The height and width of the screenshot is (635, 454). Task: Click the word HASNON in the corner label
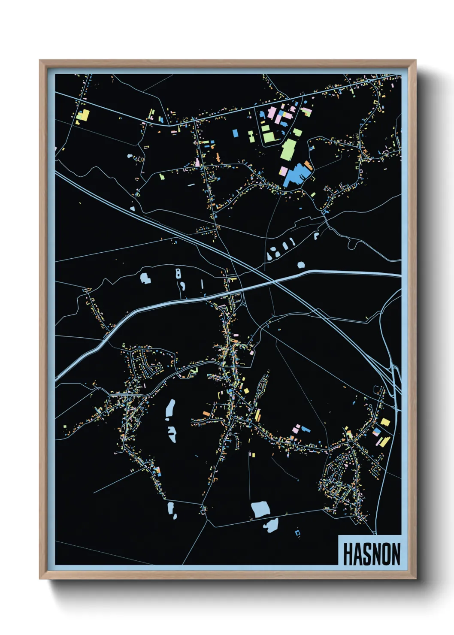(372, 554)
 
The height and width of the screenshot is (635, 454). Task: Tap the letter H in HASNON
(348, 554)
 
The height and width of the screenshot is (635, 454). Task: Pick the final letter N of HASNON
(396, 554)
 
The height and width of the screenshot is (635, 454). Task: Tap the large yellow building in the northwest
(84, 115)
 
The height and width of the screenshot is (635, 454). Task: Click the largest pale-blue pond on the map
(260, 509)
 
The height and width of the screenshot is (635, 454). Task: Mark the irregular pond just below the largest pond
(271, 525)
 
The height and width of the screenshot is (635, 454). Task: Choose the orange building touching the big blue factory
(308, 164)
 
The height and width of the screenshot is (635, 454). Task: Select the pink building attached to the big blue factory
(283, 171)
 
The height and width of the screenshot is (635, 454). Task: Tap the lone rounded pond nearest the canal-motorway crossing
(301, 265)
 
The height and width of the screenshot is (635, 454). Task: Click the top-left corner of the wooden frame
(40, 61)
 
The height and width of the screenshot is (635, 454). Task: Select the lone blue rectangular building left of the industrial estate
(235, 133)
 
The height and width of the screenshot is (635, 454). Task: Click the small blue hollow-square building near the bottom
(298, 533)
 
